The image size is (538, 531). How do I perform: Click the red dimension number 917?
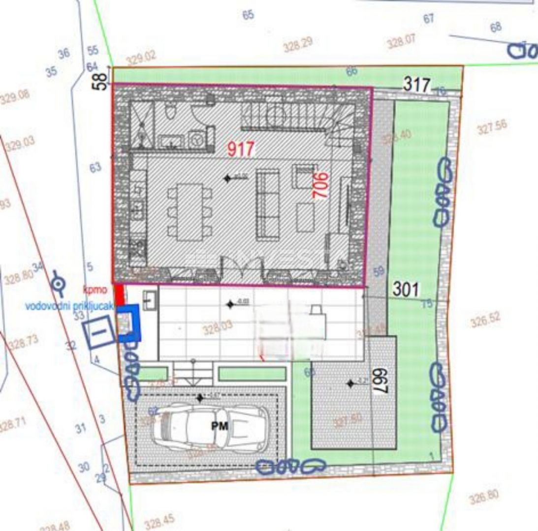[x=241, y=149]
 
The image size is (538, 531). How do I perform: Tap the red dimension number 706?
[x=320, y=185]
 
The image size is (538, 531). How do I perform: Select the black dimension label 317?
[x=417, y=85]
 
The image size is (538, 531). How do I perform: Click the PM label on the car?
[x=220, y=426]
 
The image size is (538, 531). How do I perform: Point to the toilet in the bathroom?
[x=171, y=112]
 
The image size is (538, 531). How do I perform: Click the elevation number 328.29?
[x=298, y=46]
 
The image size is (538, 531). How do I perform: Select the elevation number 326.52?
[x=485, y=320]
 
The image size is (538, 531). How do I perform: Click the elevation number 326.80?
[x=483, y=498]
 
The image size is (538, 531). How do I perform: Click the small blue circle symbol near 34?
[x=59, y=283]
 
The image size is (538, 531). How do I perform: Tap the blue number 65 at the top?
[x=248, y=15]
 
